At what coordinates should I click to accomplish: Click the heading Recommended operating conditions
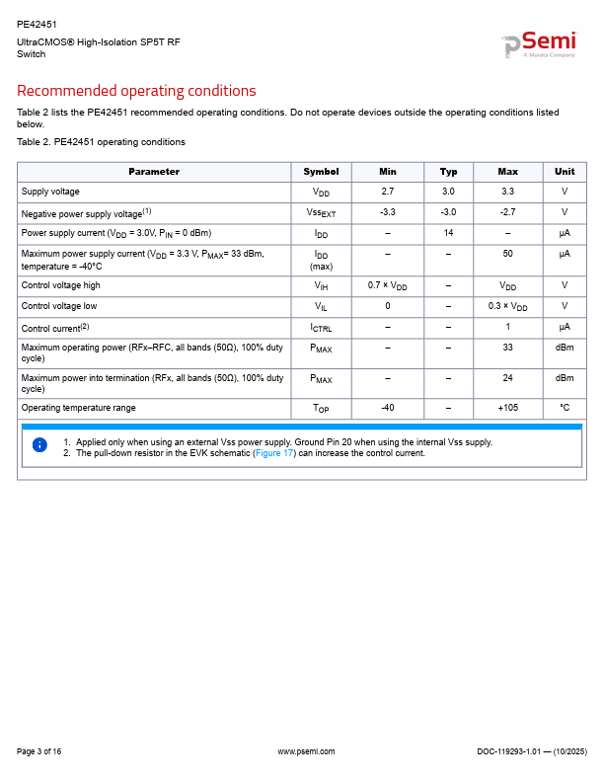(136, 91)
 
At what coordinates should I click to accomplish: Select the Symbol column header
(321, 172)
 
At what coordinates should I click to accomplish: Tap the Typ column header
(448, 172)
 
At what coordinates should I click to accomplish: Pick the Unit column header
(565, 172)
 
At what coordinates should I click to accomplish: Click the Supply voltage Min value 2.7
(387, 192)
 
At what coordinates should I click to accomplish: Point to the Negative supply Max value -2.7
(507, 212)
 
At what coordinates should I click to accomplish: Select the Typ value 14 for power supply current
(448, 233)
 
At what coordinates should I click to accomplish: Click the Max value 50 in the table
(507, 254)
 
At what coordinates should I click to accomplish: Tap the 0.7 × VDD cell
(387, 285)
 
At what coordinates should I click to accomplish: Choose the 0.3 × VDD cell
(507, 306)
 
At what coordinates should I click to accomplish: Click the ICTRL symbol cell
(321, 327)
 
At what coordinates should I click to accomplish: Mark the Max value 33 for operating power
(507, 348)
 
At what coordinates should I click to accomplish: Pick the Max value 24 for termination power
(507, 377)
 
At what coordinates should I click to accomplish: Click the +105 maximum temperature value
(507, 408)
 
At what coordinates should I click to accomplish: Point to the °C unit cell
(565, 408)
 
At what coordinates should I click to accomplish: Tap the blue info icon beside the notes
(39, 445)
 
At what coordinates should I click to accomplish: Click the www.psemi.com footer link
(306, 752)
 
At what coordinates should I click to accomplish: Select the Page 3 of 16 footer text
(39, 752)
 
